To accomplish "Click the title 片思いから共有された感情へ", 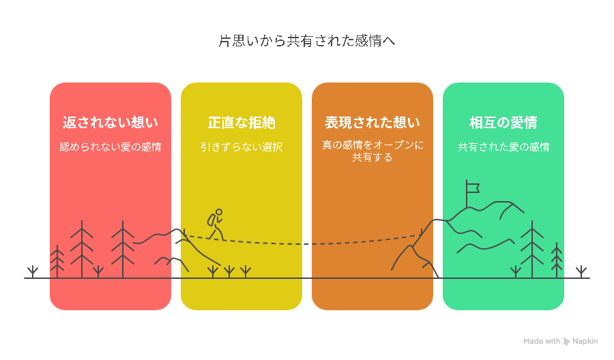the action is click(x=306, y=41).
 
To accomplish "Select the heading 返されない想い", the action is click(x=111, y=123).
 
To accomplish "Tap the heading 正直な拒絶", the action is click(x=242, y=123).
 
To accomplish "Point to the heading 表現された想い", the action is click(x=372, y=123).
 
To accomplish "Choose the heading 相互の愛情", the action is click(x=503, y=123).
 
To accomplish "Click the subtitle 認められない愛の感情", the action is click(x=111, y=147).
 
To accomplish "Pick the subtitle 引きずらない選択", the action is click(x=242, y=147).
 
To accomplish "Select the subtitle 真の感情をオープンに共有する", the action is click(x=372, y=151).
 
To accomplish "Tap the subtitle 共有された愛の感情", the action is click(x=503, y=147).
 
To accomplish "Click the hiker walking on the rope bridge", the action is click(x=216, y=224).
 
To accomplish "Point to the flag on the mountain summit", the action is click(x=473, y=187).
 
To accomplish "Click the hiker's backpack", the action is click(x=211, y=220).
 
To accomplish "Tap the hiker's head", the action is click(x=219, y=212).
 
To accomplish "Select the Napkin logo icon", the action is click(x=566, y=342).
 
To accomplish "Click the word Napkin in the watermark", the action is click(x=585, y=341).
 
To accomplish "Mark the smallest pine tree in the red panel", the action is click(x=57, y=261).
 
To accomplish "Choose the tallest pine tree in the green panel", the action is click(x=531, y=250).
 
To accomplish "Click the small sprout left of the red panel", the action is click(x=33, y=272).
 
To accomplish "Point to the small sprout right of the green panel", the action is click(x=581, y=272).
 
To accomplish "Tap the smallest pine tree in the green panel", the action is click(x=557, y=260).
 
